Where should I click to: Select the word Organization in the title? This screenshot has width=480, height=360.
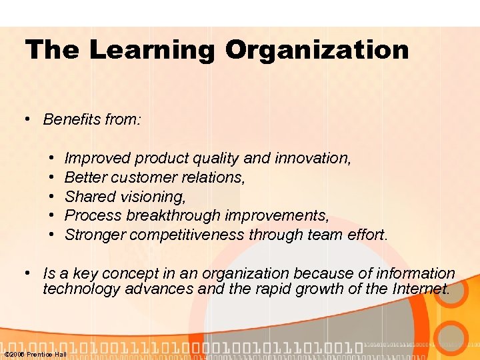[317, 51]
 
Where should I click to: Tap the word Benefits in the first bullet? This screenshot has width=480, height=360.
[72, 119]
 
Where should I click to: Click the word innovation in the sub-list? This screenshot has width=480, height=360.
[317, 158]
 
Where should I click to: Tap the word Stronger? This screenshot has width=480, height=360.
[95, 235]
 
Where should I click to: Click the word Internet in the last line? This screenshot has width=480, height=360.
[419, 289]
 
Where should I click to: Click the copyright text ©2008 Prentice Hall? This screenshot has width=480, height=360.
[35, 354]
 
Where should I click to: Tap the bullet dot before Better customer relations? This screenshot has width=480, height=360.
[51, 178]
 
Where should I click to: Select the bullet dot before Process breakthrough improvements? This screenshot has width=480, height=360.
[51, 216]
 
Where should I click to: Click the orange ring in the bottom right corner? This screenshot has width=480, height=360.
[455, 337]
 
